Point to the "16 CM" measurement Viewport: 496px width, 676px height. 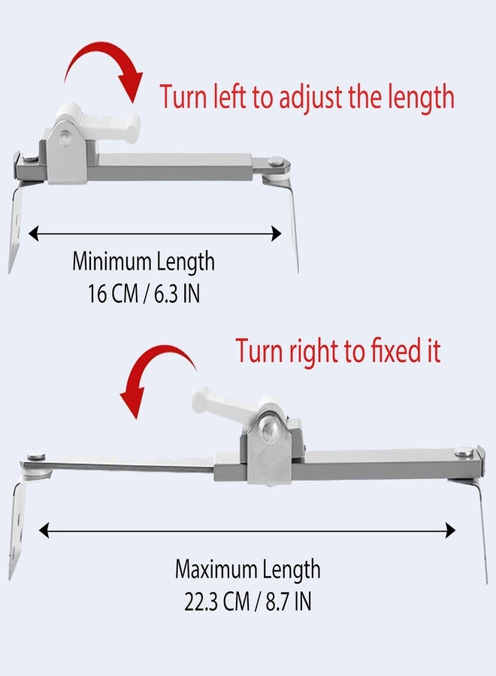click(113, 294)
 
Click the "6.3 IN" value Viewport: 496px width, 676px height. click(177, 294)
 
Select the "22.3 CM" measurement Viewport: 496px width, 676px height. click(217, 601)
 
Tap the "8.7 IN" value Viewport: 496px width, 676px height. click(288, 601)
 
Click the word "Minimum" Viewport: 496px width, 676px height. click(111, 261)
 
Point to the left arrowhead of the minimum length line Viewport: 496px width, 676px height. click(34, 234)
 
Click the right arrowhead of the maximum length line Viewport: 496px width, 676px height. click(450, 530)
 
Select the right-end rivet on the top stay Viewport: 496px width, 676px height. click(274, 161)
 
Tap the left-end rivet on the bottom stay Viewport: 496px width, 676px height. click(36, 456)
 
